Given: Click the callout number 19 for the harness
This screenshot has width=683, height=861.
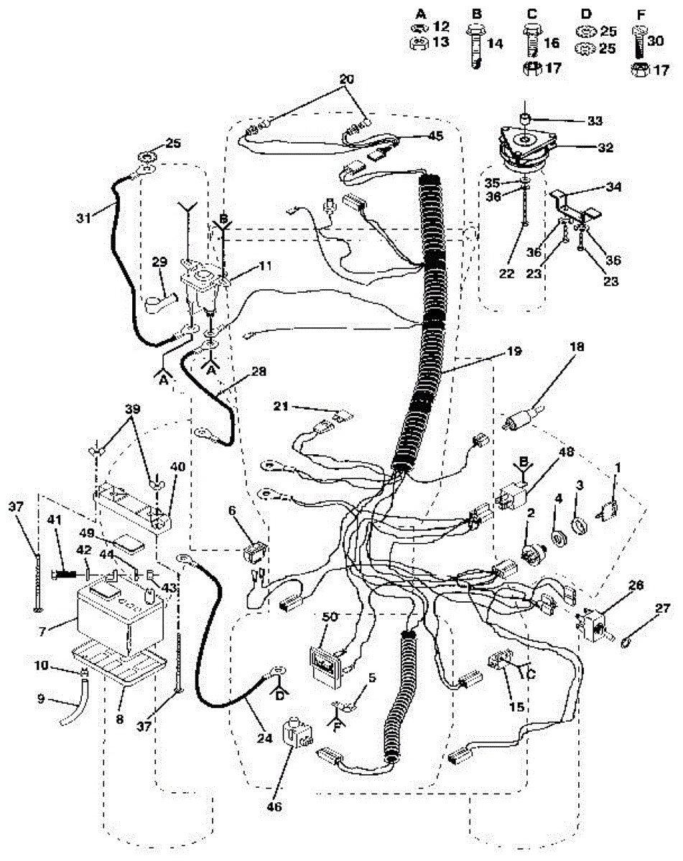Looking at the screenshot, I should pyautogui.click(x=513, y=352).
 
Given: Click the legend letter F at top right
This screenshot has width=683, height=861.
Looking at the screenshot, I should pyautogui.click(x=637, y=13).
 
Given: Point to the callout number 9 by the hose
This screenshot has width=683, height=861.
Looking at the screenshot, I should pyautogui.click(x=40, y=696).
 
